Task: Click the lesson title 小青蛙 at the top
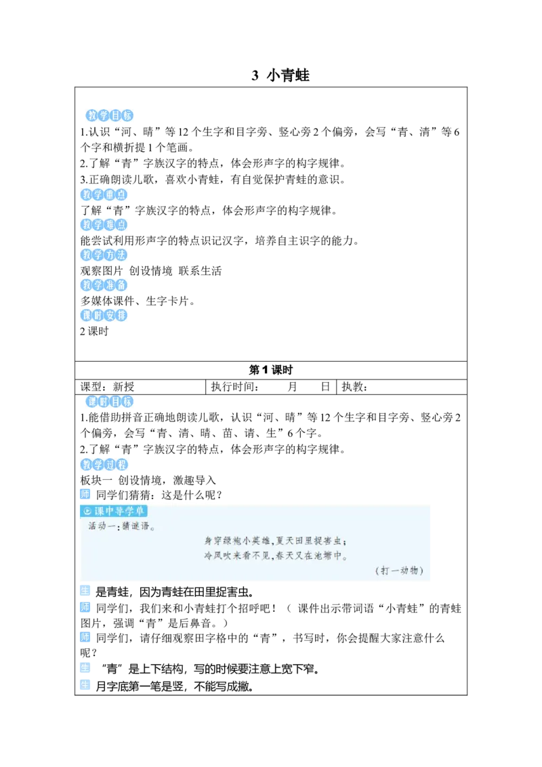[288, 75]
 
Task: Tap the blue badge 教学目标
[110, 115]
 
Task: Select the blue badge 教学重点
[104, 194]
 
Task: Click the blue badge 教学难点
[104, 224]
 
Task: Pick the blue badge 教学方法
[104, 255]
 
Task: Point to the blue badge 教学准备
[104, 285]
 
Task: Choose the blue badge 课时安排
[104, 315]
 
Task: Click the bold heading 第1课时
[270, 370]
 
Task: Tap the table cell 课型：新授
[107, 387]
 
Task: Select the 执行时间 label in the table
[235, 387]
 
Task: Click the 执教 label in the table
[354, 387]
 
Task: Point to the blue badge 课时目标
[110, 402]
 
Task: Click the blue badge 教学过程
[104, 464]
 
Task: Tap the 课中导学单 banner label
[114, 511]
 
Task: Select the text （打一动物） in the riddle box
[399, 571]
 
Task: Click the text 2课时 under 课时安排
[94, 331]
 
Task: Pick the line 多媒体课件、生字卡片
[138, 301]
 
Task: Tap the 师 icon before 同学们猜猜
[85, 495]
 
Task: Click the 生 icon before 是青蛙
[85, 591]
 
